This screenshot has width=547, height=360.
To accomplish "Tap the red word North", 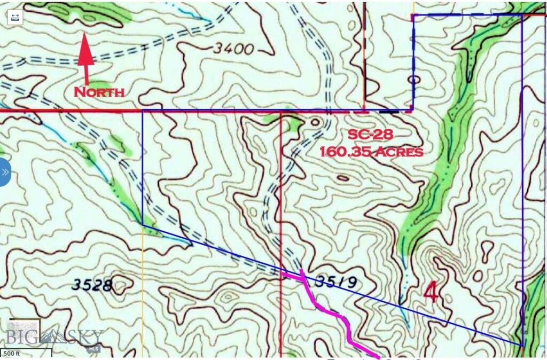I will click(x=99, y=92).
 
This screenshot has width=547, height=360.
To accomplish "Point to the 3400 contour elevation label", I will click(x=232, y=49).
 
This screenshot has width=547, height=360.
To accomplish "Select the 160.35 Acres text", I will click(x=371, y=152).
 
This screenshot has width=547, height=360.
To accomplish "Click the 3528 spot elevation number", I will click(x=92, y=285).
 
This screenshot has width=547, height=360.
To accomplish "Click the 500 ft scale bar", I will click(x=26, y=354).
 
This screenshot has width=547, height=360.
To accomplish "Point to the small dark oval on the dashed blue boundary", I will click(x=413, y=80).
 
